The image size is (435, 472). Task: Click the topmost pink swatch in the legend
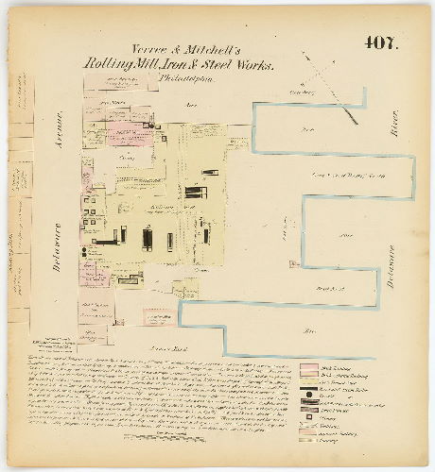click(309, 366)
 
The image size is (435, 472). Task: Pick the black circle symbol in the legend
click(309, 394)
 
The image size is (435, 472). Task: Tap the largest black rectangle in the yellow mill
click(147, 238)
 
